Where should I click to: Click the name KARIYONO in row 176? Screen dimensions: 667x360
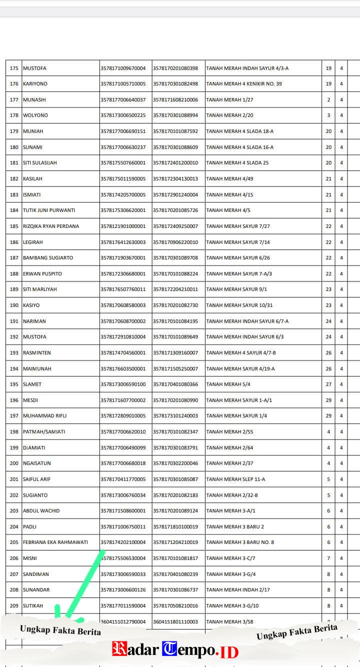point(35,84)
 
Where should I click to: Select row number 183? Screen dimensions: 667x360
point(14,195)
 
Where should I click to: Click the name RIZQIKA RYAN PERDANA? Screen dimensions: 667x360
point(51,226)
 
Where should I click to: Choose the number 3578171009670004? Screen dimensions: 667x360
point(123,68)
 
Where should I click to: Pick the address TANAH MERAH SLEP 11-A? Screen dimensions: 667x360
point(235,479)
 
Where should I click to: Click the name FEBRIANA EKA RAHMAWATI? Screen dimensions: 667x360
point(55,542)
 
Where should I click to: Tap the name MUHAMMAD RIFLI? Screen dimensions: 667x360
point(45,416)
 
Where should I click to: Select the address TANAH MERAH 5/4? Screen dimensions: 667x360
point(228,384)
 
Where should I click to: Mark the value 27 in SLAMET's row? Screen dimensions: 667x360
point(328,384)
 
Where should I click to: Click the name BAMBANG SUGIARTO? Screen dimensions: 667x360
point(48,258)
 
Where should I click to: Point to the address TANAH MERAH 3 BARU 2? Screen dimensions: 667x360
point(235,527)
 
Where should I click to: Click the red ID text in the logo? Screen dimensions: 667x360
point(229,651)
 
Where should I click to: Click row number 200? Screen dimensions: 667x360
point(14,463)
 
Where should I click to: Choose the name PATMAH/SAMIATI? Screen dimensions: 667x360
point(44,432)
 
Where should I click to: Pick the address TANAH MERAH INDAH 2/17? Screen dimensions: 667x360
point(238,590)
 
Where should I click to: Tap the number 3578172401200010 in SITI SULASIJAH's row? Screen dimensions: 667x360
point(175,163)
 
